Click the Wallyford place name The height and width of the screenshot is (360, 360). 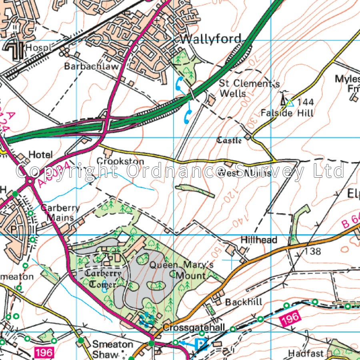click(x=211, y=39)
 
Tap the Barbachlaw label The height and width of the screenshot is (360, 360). click(x=92, y=66)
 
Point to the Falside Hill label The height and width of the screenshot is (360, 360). click(x=287, y=113)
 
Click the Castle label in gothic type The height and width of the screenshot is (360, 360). click(x=229, y=140)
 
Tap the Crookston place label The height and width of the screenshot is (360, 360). click(x=120, y=161)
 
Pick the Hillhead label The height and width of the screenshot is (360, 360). click(x=259, y=240)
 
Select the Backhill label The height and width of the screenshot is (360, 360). click(x=244, y=302)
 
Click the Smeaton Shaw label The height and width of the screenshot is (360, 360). click(x=112, y=349)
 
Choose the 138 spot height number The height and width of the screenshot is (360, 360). click(x=312, y=251)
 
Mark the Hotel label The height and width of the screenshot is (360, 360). click(x=40, y=154)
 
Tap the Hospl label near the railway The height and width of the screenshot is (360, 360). click(x=39, y=48)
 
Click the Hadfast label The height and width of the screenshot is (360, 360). click(x=305, y=353)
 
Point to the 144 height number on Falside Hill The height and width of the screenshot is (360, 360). click(x=306, y=102)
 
